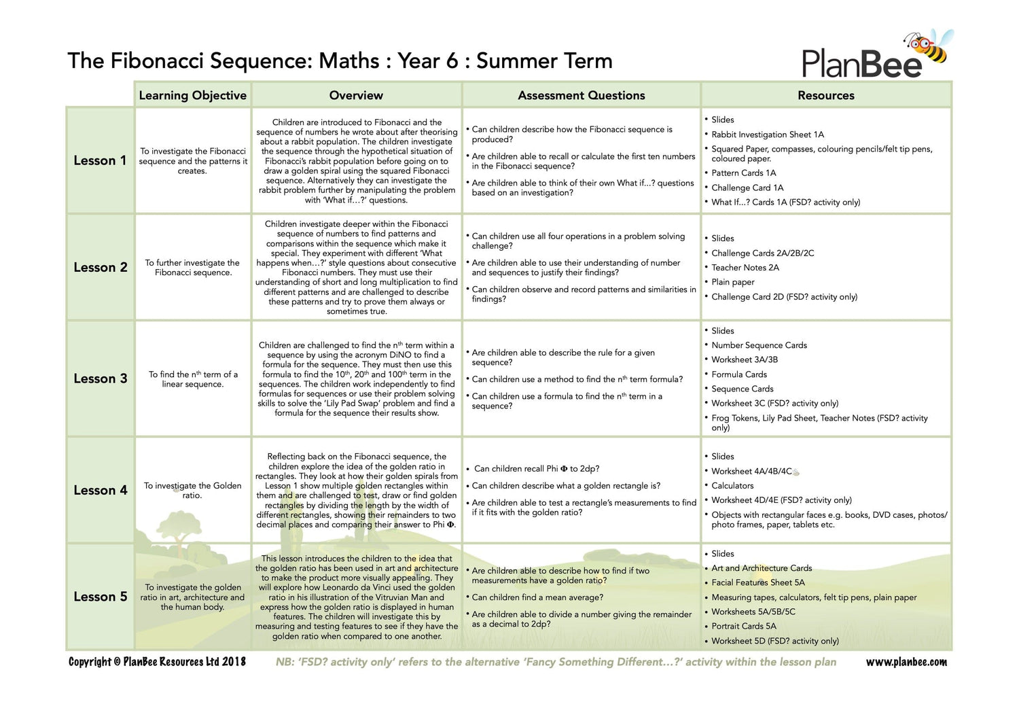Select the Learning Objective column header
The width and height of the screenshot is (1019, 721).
[x=192, y=95]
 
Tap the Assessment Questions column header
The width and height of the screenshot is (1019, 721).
[x=581, y=95]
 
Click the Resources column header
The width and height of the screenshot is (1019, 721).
[x=825, y=95]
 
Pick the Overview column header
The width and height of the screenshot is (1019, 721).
[x=356, y=95]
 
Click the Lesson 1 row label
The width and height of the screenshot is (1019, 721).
[x=100, y=160]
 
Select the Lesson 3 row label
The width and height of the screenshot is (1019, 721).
[x=100, y=379]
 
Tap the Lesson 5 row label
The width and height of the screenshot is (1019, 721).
[x=100, y=597]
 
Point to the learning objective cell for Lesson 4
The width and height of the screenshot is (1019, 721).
[x=192, y=490]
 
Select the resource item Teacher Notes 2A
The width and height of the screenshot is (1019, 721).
[x=745, y=268]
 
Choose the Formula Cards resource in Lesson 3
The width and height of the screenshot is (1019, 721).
[x=738, y=374]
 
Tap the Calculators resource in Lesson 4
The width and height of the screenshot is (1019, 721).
[x=732, y=486]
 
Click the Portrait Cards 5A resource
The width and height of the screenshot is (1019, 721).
[x=743, y=626]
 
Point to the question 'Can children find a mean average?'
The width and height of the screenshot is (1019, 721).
[x=537, y=597]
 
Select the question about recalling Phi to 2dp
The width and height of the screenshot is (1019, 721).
[x=537, y=469]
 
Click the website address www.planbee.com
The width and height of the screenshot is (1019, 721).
[x=906, y=662]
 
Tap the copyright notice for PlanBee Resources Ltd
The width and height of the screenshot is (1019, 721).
[x=157, y=662]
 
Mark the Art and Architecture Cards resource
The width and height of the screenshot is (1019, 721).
[x=762, y=568]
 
